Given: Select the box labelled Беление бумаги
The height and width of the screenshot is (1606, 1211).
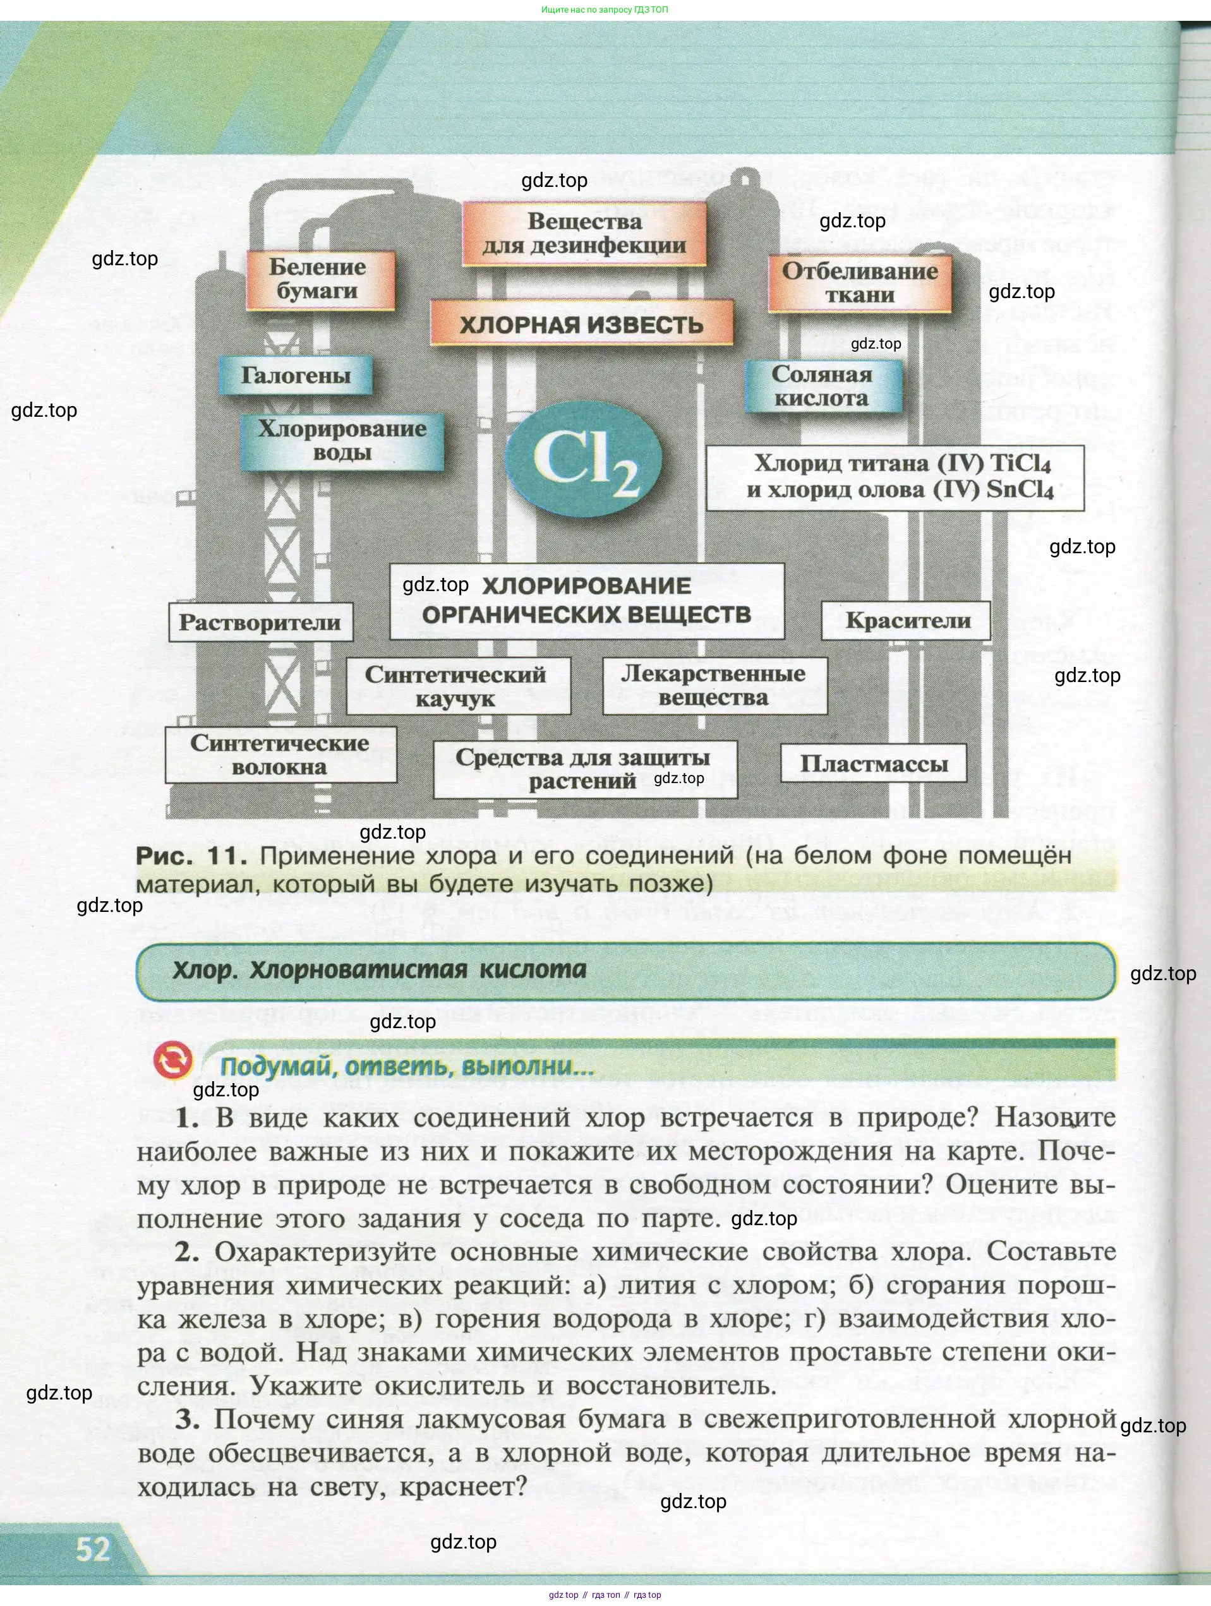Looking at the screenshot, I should [x=320, y=280].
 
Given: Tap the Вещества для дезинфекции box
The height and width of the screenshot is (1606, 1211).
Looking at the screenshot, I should [x=584, y=234].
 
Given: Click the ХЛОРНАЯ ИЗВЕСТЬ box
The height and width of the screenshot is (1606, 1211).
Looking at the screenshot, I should [x=581, y=324].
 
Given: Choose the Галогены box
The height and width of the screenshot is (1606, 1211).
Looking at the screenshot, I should [x=296, y=375].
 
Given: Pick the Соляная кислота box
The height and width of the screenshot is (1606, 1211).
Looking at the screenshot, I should [x=822, y=387].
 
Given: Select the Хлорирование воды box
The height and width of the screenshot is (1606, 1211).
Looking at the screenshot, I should [x=342, y=441].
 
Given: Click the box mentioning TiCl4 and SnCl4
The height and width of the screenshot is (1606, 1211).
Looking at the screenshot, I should [x=895, y=477].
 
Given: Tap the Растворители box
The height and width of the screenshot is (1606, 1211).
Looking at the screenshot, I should [x=260, y=622].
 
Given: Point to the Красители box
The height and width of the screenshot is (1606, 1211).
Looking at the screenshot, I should [x=907, y=621].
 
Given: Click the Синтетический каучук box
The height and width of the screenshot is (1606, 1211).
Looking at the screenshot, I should [x=457, y=686].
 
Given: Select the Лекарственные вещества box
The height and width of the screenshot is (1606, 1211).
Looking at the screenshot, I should [x=714, y=685].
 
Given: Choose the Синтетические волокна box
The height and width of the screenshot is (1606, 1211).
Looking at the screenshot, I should [x=280, y=754].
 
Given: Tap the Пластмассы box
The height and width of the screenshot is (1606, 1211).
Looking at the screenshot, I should [x=873, y=764].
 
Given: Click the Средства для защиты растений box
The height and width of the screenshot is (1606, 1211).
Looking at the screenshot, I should [x=584, y=769].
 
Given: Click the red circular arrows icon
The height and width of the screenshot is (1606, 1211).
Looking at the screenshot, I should [x=173, y=1061].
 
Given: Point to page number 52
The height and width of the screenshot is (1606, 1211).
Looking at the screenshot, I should [x=93, y=1549].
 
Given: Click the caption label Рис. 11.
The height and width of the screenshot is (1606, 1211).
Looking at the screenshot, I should [x=191, y=856].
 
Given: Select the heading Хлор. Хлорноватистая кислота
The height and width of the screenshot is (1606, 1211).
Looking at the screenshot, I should [x=379, y=970].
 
